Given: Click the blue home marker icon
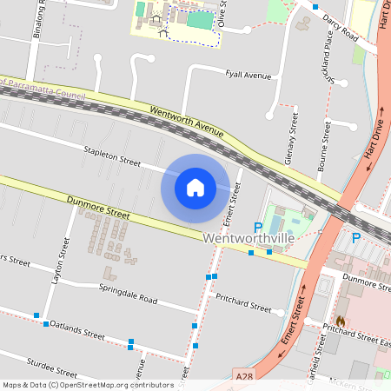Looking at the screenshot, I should [195, 187].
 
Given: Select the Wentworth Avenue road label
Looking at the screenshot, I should [186, 123].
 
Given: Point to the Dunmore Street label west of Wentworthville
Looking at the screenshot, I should [97, 208].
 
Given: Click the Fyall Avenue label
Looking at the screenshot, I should [249, 76].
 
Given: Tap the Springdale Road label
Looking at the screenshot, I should [128, 294].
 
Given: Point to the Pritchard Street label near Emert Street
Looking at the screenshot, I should [243, 306].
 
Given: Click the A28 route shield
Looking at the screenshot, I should [246, 376].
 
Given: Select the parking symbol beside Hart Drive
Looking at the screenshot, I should [355, 237].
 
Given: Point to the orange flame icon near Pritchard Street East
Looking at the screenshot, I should [341, 321].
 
